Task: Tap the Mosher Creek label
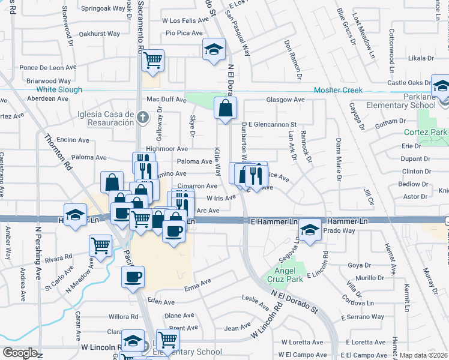tap(337, 90)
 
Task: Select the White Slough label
tap(63, 89)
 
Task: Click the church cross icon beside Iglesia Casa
tap(142, 117)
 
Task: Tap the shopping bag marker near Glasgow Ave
tap(225, 109)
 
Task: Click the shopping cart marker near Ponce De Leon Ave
tap(152, 59)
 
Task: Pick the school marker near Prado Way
tap(310, 230)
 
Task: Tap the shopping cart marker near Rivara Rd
tap(100, 244)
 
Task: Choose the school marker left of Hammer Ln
tap(74, 214)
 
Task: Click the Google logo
tap(20, 353)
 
